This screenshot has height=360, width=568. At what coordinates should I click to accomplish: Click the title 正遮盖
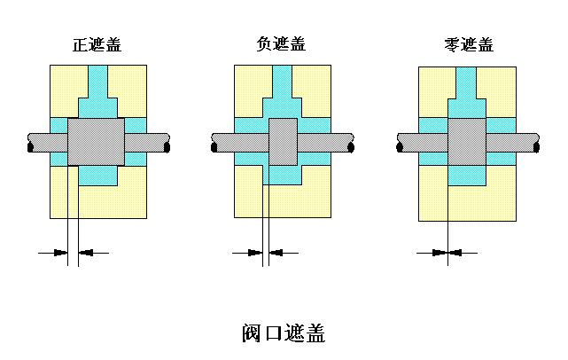click(x=97, y=45)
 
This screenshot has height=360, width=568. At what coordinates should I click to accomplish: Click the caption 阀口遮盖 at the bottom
click(x=284, y=333)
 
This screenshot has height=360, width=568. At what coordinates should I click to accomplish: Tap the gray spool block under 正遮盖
click(x=97, y=141)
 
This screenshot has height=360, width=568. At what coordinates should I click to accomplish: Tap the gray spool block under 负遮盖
click(x=283, y=141)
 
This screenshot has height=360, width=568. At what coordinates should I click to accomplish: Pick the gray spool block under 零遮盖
click(x=466, y=142)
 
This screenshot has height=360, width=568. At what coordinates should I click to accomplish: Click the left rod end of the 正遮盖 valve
click(x=31, y=142)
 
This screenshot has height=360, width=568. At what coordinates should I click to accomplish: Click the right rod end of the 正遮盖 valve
click(x=164, y=142)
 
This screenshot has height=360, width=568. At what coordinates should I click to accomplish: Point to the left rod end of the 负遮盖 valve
click(x=215, y=142)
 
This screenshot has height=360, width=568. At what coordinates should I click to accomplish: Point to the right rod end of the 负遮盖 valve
click(x=350, y=142)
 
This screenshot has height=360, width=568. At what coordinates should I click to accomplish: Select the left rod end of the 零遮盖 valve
click(x=401, y=142)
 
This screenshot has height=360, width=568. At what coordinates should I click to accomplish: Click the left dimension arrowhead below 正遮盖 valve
click(x=61, y=253)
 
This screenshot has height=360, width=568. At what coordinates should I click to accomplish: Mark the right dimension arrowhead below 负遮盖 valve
click(x=275, y=253)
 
